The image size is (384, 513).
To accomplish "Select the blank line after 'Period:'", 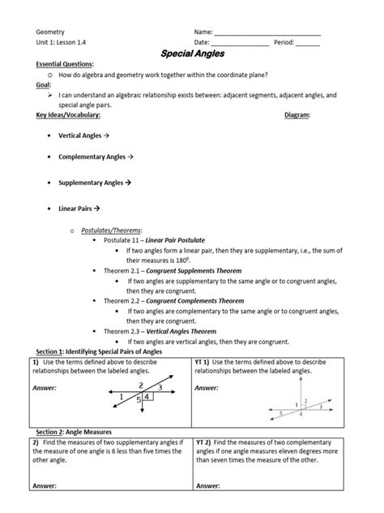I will (x=308, y=42).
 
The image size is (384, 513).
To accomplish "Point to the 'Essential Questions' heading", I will (x=65, y=63).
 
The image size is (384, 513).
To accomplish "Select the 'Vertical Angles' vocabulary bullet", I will (x=83, y=136).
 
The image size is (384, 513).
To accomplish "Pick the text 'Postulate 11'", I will (x=123, y=241).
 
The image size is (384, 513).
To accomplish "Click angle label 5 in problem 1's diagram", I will (x=139, y=399).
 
